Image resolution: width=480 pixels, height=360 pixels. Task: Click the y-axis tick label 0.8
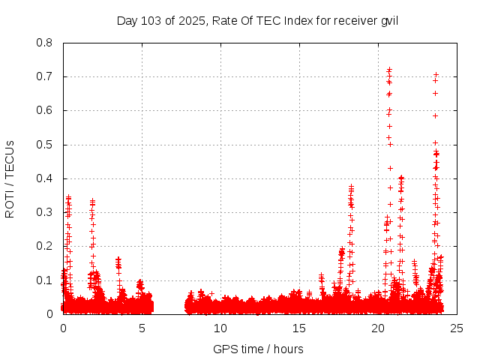tap(46, 43)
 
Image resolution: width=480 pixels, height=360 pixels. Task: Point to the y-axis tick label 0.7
tap(46, 76)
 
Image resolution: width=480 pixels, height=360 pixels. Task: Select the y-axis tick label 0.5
tap(46, 144)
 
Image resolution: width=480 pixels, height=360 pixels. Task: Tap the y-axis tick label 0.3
tap(46, 212)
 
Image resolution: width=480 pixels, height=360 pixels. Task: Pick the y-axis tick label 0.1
tap(46, 280)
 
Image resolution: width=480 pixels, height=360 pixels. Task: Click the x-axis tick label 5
tap(142, 328)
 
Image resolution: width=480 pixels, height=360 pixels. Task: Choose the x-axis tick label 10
tap(220, 328)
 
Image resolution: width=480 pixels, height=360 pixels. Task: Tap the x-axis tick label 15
tap(299, 328)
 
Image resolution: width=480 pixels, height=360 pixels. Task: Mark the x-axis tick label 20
tap(378, 328)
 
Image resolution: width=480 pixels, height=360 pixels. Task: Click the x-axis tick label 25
tap(457, 328)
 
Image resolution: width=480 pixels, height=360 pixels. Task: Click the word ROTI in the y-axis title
tap(10, 202)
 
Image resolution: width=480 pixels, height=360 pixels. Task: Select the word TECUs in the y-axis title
tap(10, 158)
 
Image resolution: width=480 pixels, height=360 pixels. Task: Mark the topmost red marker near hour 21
tap(389, 70)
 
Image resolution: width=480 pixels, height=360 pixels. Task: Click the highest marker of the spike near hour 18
tap(351, 185)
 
